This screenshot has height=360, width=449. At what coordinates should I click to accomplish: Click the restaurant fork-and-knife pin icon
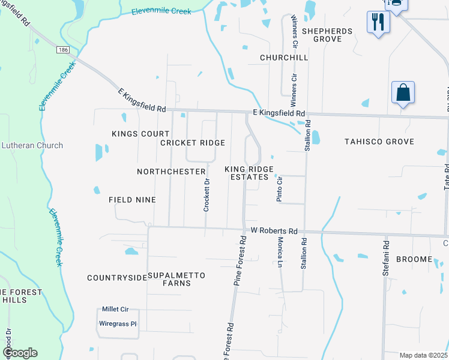(x=378, y=22)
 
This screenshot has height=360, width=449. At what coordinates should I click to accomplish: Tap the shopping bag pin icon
(x=403, y=92)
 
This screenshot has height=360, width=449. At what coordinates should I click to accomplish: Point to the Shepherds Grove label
(x=322, y=35)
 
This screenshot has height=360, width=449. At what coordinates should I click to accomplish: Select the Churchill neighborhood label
(x=284, y=58)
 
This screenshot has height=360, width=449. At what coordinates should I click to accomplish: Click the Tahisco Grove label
(x=379, y=142)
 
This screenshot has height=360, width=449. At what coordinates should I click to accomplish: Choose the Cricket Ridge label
(x=193, y=143)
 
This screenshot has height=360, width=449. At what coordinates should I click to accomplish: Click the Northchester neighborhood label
(x=171, y=172)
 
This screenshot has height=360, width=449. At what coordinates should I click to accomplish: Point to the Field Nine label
(x=132, y=199)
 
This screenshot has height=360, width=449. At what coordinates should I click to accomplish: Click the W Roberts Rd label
(x=274, y=231)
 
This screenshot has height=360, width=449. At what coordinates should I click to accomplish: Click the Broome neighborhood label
(x=414, y=259)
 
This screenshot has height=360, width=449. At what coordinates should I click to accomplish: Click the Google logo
(x=20, y=353)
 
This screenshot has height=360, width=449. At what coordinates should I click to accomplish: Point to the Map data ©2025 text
(x=423, y=355)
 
